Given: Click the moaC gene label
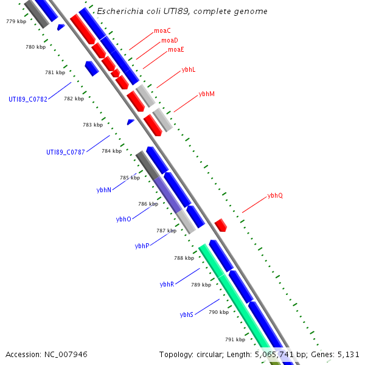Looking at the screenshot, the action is (x=162, y=30).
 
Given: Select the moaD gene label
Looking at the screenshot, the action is (x=170, y=40).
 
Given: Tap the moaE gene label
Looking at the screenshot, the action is (x=176, y=49).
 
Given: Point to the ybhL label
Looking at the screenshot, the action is (x=189, y=70).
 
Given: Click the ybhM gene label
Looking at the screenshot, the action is (x=207, y=94).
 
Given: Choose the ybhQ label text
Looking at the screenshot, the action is (x=275, y=196).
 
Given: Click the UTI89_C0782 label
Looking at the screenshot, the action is (x=28, y=99).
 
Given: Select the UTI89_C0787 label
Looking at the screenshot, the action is (x=66, y=152).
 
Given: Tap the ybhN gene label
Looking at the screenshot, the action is (x=103, y=190).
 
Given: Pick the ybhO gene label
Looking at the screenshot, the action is (x=123, y=219).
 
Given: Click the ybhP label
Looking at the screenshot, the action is (x=142, y=246).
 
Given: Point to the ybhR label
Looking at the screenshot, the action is (x=167, y=284).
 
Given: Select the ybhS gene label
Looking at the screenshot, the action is (x=187, y=315).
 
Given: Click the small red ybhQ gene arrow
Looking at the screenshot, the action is (x=221, y=225).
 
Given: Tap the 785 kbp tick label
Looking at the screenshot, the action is (x=130, y=178).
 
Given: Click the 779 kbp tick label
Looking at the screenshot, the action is (x=16, y=21).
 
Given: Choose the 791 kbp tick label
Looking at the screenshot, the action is (x=235, y=339).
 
